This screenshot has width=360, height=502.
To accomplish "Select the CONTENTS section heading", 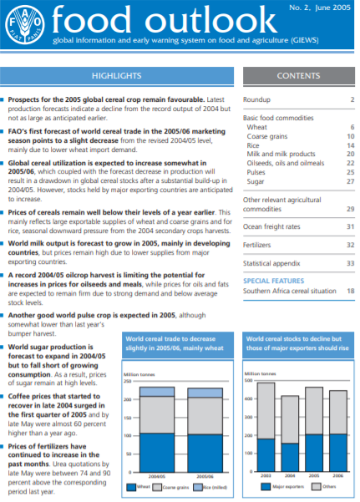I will tap(298, 76).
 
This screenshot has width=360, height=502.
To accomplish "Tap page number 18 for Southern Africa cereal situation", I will tap(351, 290).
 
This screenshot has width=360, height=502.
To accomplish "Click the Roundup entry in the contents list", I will tap(256, 99).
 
